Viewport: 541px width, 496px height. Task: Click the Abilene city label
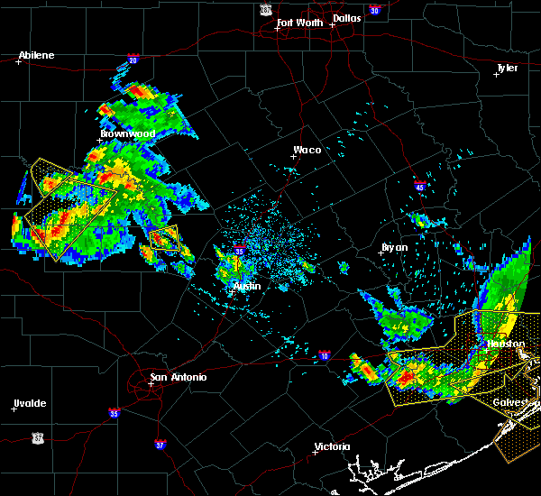coord(36,55)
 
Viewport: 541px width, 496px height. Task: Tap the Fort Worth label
coord(298,23)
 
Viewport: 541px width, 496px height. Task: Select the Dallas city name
coord(346,18)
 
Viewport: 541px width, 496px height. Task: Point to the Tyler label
coord(509,68)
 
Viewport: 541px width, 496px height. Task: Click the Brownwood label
coord(127,133)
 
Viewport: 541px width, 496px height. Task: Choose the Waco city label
coord(307,151)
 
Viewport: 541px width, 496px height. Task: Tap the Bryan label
coord(394,246)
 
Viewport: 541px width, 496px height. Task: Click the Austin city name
coord(246,286)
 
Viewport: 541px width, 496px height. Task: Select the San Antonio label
coord(178,376)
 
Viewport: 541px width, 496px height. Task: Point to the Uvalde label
coord(30,403)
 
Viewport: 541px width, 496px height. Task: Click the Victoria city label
coord(333,446)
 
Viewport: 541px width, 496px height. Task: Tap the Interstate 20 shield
coord(133,60)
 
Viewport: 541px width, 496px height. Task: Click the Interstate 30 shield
coord(374,10)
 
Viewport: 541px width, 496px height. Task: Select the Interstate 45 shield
coord(419,187)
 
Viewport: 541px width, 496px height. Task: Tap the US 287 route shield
coord(265,9)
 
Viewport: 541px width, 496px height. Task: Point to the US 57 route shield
coord(37,436)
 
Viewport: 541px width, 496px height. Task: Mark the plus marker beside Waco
coord(293,156)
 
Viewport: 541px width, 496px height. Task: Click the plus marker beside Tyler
coord(496,74)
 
